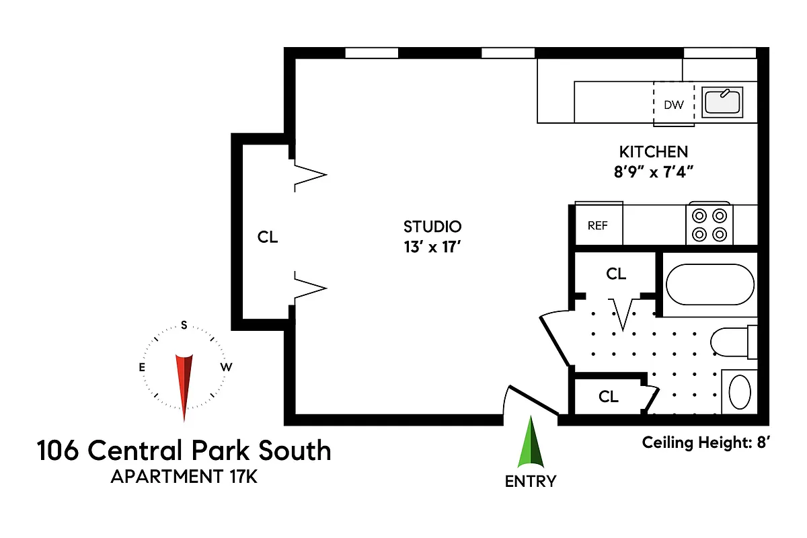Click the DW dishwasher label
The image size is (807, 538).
pos(673,105)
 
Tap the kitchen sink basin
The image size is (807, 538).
pos(722,102)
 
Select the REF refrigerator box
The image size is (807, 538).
pos(598,225)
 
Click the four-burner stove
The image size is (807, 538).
pos(709,225)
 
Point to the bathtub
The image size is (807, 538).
pos(709,284)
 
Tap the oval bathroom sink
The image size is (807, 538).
pos(740,391)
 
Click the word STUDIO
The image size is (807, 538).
pos(432,226)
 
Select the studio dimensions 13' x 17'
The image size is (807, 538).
pos(432,247)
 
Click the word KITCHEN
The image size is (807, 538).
pos(653,151)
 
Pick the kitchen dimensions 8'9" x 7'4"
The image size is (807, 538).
pos(653,171)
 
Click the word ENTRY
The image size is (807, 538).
pos(531,482)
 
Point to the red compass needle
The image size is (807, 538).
pos(184,383)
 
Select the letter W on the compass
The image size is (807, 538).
pos(227,367)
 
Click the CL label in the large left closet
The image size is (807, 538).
pos(268,237)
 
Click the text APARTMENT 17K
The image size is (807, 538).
pos(184,477)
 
